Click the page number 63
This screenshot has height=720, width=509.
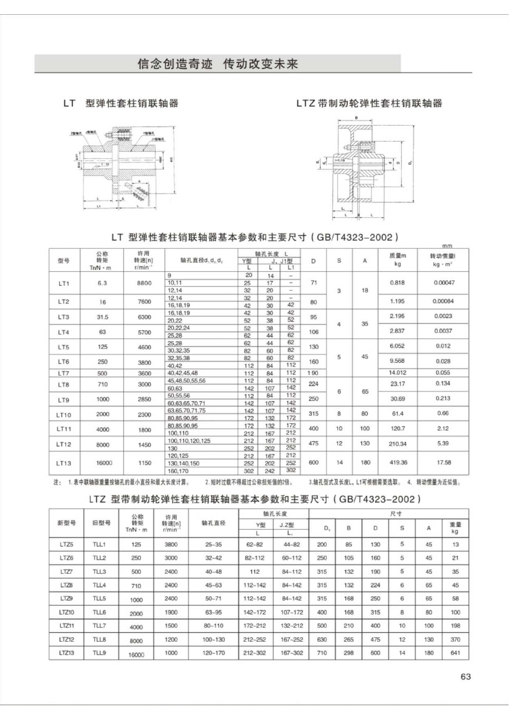point(465,676)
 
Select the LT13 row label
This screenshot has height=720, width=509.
point(63,462)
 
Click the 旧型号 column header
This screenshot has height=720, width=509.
point(99,523)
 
